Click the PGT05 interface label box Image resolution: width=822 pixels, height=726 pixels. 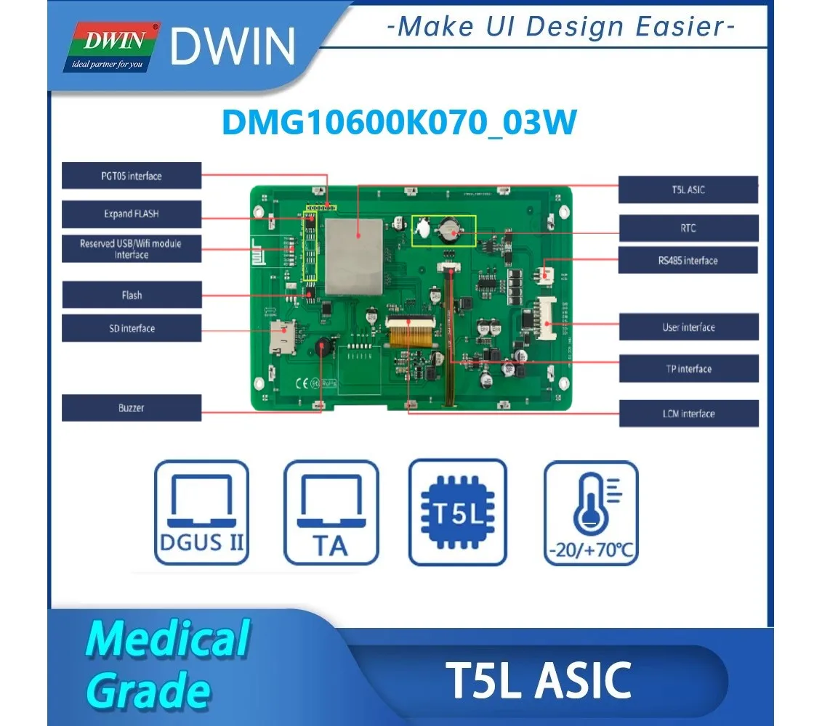pos(132,176)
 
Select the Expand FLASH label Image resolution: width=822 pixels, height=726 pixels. pos(132,213)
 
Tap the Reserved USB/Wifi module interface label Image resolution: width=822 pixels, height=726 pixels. pos(132,249)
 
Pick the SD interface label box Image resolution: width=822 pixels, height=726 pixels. pos(132,328)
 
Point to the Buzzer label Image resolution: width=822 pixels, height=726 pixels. pos(132,407)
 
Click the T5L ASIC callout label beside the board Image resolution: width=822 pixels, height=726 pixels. pos(688,189)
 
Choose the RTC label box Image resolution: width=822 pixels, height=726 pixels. pos(688,228)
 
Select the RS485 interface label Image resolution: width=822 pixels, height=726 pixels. pos(688,261)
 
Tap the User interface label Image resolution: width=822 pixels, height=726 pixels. pos(689,327)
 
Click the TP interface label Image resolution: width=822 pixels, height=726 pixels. pos(689,368)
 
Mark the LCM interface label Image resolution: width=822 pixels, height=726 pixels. pos(689,413)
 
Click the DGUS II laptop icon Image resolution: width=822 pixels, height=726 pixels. pos(202,513)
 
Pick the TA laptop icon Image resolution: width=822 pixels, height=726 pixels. pos(331,513)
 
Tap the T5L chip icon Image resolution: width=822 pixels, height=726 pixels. pos(458,512)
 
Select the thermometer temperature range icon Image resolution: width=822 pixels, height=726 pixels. pos(591,513)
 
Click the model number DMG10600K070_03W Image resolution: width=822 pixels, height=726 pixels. pos(400,123)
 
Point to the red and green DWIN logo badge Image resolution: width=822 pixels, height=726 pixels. pos(112,47)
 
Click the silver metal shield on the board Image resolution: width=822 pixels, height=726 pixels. pos(355,257)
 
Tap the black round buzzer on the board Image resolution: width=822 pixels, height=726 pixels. pos(323,347)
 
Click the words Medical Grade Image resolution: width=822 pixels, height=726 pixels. pos(168,664)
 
